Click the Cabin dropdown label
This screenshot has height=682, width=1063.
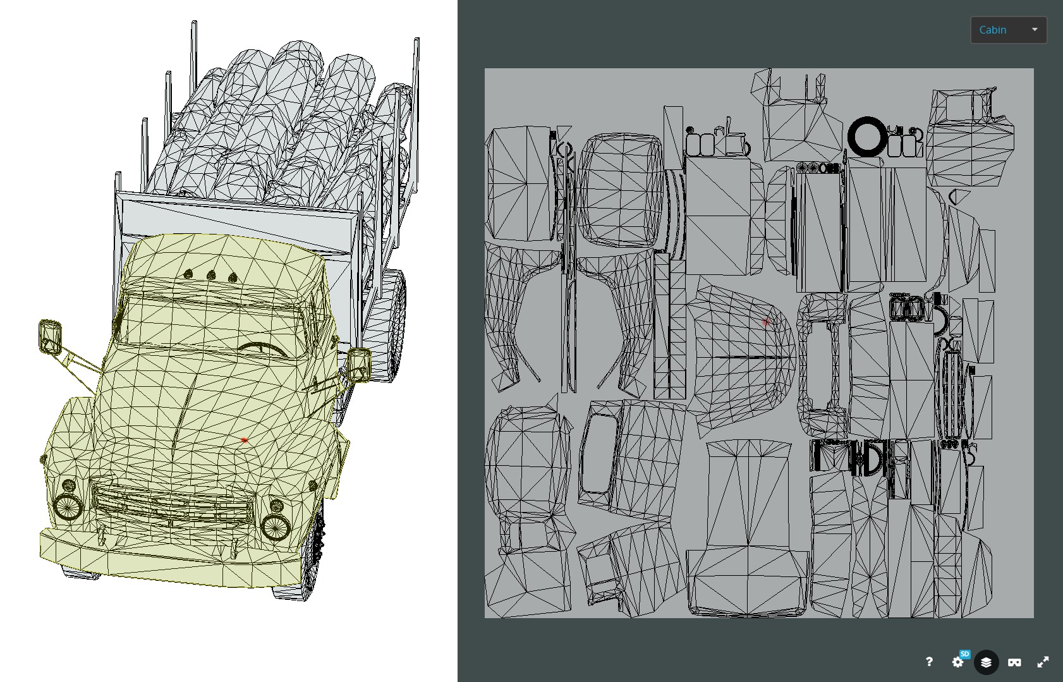click(992, 30)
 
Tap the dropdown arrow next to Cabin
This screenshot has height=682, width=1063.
click(1035, 30)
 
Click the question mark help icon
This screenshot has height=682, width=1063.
click(929, 662)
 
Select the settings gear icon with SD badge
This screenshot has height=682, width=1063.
click(958, 662)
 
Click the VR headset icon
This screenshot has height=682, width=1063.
click(1014, 662)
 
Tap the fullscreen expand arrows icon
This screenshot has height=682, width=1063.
click(1043, 662)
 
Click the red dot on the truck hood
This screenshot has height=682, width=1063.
click(244, 440)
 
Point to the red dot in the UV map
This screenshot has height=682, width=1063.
click(765, 322)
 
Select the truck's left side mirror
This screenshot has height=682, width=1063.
click(50, 336)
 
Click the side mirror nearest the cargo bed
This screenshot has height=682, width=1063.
click(359, 365)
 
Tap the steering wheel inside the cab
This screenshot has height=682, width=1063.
click(264, 348)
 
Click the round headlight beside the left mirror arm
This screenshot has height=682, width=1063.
click(67, 506)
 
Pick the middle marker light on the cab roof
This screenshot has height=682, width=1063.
click(211, 276)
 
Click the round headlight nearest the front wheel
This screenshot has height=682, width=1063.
click(276, 526)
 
